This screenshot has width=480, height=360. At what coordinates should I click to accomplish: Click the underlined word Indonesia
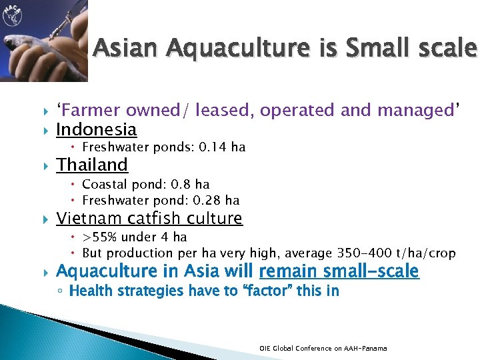click(97, 129)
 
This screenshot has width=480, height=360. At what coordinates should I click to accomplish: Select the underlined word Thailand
click(92, 165)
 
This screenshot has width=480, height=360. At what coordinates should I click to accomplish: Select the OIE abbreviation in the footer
click(265, 348)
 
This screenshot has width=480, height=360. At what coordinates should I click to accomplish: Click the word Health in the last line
click(89, 291)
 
